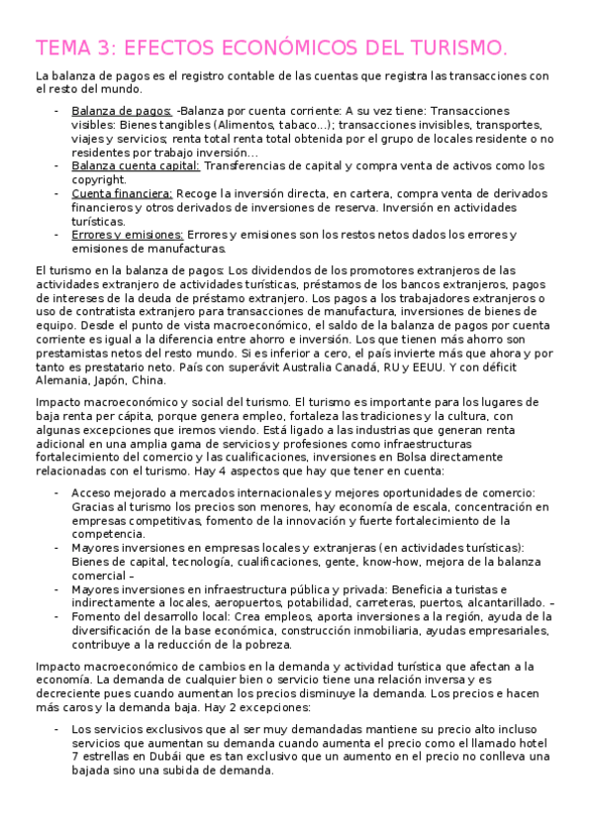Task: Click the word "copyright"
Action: (x=98, y=180)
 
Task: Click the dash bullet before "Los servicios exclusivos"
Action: (x=56, y=728)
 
